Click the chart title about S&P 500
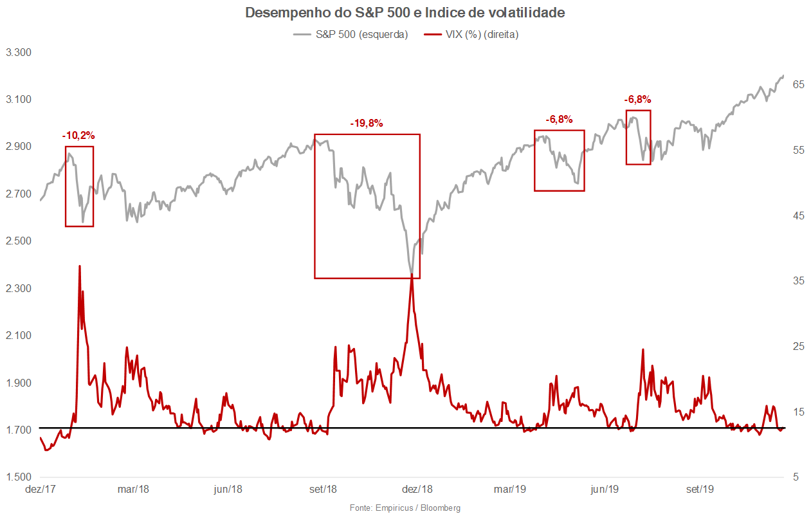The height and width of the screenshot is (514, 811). click(405, 13)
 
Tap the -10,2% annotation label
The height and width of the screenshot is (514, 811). click(78, 136)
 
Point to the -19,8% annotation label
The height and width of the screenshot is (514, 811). click(367, 124)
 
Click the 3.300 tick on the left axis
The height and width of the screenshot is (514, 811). click(19, 52)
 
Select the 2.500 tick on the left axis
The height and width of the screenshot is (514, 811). click(19, 241)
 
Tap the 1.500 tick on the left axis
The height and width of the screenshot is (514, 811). click(19, 477)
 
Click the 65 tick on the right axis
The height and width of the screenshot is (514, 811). click(798, 84)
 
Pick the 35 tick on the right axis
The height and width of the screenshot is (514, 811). click(798, 281)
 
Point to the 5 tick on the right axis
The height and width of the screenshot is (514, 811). click(796, 477)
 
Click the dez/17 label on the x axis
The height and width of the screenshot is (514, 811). click(39, 490)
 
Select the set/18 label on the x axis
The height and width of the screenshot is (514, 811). click(323, 490)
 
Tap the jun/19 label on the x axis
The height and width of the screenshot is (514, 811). click(605, 490)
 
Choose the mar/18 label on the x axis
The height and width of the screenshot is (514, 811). click(133, 490)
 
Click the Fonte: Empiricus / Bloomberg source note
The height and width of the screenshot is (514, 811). click(405, 508)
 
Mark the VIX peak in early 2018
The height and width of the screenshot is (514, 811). click(79, 266)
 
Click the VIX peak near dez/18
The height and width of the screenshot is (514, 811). click(412, 275)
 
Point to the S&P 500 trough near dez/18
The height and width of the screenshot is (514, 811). click(411, 273)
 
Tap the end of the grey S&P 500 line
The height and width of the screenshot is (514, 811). click(783, 76)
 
